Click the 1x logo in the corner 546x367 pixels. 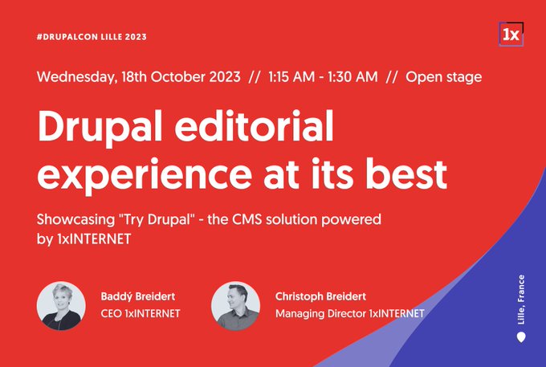pos(511,34)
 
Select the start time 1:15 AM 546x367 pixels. pos(291,77)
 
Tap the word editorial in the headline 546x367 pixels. pos(255,124)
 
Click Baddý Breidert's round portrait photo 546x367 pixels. pos(61,306)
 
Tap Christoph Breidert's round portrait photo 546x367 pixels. pos(236,306)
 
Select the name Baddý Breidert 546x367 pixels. pos(138,296)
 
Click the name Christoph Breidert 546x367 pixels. pos(320,296)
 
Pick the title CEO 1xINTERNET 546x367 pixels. pos(141,314)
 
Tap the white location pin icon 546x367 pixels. pos(521,337)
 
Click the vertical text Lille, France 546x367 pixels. pos(521,300)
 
